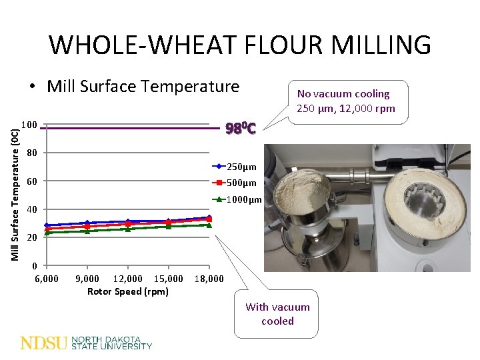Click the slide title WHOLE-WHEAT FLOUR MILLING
tap(240, 45)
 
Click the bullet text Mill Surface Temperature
tap(142, 87)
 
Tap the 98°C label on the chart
tap(241, 128)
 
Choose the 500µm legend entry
tap(241, 183)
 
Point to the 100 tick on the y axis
tap(29, 125)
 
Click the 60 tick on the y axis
tap(31, 181)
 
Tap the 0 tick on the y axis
tap(34, 266)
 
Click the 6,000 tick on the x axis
tap(46, 279)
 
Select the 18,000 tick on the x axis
tap(209, 279)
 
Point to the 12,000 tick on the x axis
tap(127, 279)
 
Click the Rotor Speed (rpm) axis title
tap(127, 291)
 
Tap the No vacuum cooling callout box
tap(346, 101)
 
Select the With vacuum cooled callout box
tap(277, 314)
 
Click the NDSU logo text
tap(44, 343)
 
